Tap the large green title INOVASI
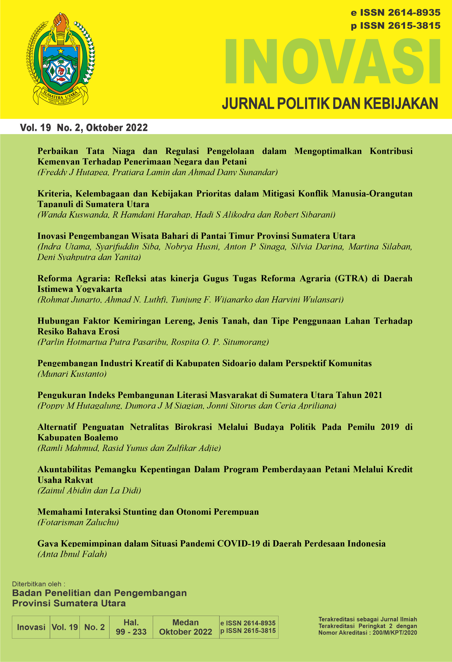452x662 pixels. (x=333, y=61)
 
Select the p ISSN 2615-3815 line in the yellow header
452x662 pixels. (x=396, y=26)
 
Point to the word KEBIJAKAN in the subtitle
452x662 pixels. (x=401, y=103)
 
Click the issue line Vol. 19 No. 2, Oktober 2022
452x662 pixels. (x=84, y=127)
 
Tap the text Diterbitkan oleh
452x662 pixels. (x=38, y=584)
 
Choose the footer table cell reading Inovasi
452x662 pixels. (x=31, y=627)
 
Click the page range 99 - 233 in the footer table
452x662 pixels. (x=131, y=632)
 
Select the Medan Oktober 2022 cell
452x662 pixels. (x=185, y=627)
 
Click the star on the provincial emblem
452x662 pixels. (x=61, y=51)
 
